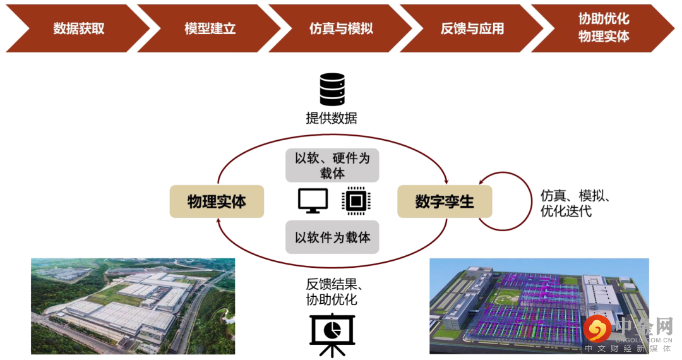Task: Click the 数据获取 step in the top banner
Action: click(78, 28)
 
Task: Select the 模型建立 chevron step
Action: click(210, 28)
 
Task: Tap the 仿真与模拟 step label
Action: click(341, 28)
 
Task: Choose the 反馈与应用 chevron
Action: click(472, 28)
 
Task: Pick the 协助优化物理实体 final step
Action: click(603, 28)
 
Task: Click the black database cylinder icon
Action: click(332, 89)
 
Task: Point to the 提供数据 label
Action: click(332, 118)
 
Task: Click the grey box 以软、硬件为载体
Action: click(332, 165)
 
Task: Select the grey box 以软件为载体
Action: click(332, 237)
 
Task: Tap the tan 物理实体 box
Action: click(217, 201)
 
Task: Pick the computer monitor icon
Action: click(313, 200)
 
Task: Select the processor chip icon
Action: click(355, 201)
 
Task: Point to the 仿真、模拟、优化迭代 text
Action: click(575, 203)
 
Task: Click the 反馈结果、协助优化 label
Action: click(332, 292)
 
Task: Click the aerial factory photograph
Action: click(133, 306)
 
